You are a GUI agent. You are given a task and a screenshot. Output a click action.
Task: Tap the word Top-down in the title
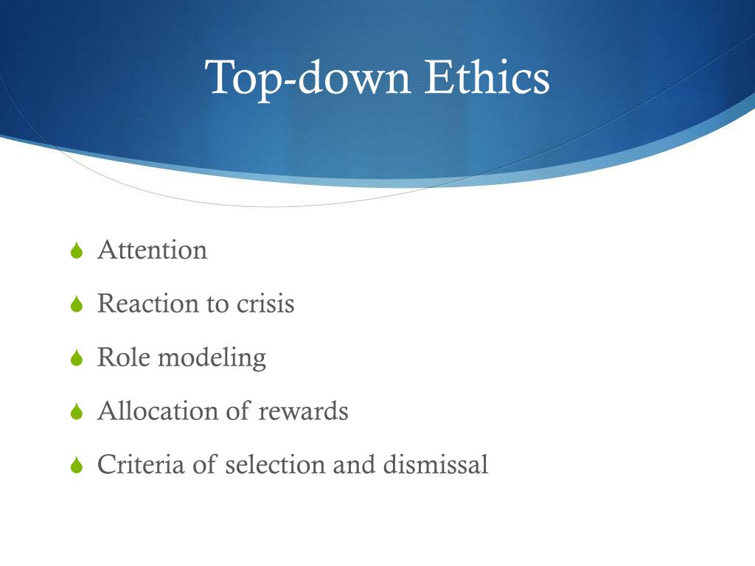point(307,77)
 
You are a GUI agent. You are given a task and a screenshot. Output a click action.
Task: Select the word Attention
point(152,250)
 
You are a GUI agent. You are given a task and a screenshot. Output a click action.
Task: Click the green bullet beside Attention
point(77,251)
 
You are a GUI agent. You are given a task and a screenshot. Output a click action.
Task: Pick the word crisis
point(265,304)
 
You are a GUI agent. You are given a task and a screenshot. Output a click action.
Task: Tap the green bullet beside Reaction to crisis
point(77,304)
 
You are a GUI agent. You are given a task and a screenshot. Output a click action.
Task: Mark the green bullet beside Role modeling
point(77,358)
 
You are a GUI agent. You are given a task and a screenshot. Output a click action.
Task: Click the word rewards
point(303,411)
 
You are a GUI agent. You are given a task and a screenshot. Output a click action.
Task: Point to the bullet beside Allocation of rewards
point(77,412)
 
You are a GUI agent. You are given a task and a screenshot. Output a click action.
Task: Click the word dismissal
point(435,464)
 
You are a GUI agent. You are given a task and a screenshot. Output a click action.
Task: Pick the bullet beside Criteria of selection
point(77,466)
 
